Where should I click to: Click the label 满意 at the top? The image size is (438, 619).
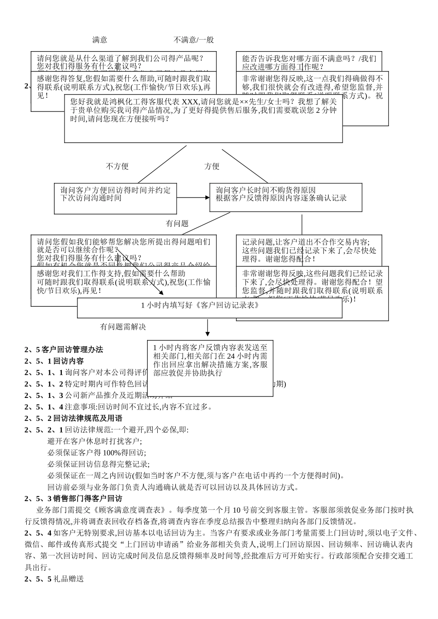(x=100, y=40)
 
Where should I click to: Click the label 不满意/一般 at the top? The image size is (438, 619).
(x=194, y=40)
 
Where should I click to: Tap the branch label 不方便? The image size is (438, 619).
(x=117, y=166)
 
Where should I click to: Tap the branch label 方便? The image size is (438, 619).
(x=212, y=166)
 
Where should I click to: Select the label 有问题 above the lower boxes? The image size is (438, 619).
(x=178, y=223)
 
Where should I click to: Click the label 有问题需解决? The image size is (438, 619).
(x=123, y=327)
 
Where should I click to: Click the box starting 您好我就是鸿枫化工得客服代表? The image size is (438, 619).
(x=203, y=119)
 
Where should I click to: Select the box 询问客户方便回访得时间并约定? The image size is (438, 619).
(x=115, y=198)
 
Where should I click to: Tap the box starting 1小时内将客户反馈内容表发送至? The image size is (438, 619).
(x=210, y=364)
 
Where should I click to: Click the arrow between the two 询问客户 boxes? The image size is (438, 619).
(x=193, y=198)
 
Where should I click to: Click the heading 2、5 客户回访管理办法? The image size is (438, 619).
(x=64, y=350)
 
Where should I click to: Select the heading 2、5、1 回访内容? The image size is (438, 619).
(x=54, y=361)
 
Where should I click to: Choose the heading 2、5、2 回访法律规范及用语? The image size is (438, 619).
(x=73, y=419)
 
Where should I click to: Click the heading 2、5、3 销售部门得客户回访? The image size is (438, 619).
(x=73, y=499)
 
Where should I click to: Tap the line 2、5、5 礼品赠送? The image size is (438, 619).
(x=54, y=579)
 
